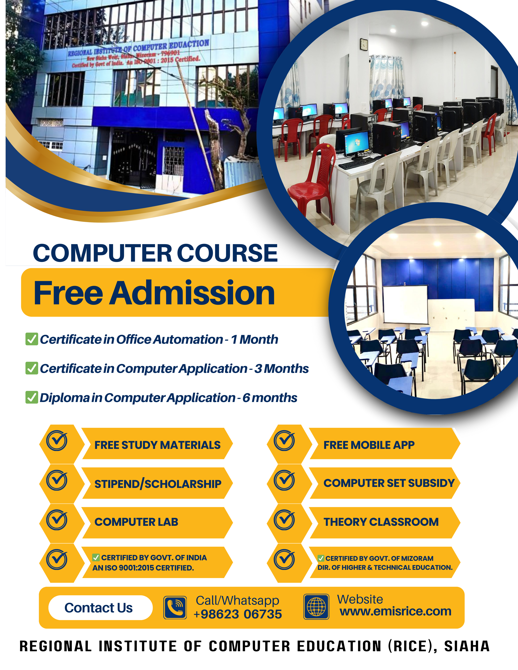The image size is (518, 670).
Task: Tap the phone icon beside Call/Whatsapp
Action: (x=175, y=607)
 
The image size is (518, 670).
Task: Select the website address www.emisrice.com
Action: (x=395, y=611)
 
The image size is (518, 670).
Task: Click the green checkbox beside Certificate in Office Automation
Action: (x=32, y=339)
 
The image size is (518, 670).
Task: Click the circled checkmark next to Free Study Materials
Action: (x=57, y=441)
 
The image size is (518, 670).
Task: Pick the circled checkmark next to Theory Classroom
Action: (x=284, y=520)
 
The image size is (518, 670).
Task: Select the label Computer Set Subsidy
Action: (x=389, y=483)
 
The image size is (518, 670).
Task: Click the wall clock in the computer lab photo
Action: (x=364, y=45)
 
